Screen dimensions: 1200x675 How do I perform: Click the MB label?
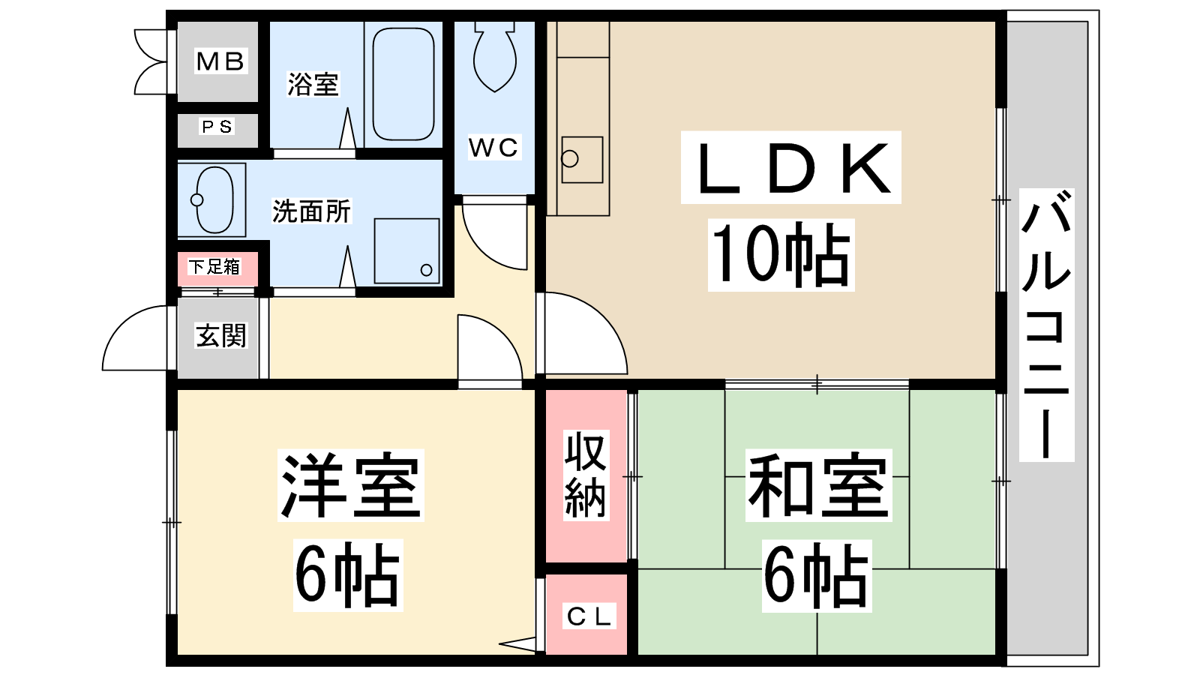click(220, 61)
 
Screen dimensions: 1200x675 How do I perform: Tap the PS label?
click(217, 127)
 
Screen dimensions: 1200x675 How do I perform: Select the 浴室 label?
click(313, 84)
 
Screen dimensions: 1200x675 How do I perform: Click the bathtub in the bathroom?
click(403, 84)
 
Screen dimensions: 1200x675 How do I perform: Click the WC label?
click(493, 147)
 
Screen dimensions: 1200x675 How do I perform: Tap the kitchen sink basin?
click(582, 160)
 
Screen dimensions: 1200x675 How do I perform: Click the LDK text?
click(790, 168)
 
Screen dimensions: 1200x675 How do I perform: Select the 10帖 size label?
click(781, 254)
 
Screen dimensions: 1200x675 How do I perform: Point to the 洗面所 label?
click(311, 211)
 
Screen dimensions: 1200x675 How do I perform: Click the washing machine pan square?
click(406, 250)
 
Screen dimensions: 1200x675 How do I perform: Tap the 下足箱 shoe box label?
click(214, 266)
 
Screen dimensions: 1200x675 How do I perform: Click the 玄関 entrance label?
click(220, 335)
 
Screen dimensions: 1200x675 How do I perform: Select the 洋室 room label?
click(350, 485)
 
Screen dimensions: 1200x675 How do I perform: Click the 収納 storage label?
click(586, 475)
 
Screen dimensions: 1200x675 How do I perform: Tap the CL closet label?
click(589, 616)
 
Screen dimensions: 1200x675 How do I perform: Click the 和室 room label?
click(818, 485)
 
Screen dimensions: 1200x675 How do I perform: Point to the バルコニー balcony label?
click(1046, 325)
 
